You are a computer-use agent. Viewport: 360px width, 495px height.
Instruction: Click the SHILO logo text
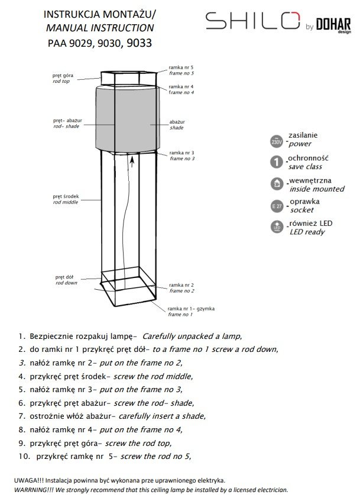pyautogui.click(x=252, y=22)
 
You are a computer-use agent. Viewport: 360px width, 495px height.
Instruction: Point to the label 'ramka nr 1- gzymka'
pyautogui.click(x=190, y=309)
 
